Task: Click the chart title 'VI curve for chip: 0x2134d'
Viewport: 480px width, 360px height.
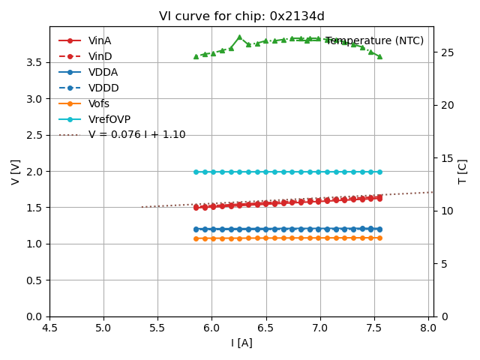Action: coord(241,16)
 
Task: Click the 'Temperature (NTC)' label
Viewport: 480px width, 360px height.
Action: coord(374,40)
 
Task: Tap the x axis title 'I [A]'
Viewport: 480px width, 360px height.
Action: coord(241,343)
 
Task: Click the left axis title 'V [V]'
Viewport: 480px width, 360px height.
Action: coord(16,172)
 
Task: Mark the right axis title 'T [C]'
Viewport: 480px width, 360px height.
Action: coord(463,172)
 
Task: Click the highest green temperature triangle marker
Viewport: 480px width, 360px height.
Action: coord(239,37)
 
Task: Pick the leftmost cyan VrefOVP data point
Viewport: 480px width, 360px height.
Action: coord(196,172)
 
